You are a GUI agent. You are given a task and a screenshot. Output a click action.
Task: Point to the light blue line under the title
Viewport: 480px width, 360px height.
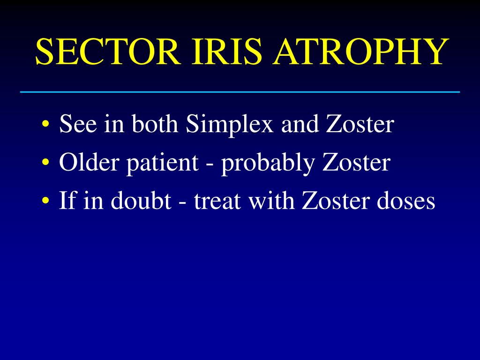tap(240, 92)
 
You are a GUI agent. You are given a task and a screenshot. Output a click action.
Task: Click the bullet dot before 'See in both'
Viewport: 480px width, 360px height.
tap(45, 126)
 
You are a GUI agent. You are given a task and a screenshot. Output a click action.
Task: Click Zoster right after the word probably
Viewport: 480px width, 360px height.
tap(356, 163)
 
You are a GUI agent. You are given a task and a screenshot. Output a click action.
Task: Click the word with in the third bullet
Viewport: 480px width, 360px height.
tap(271, 202)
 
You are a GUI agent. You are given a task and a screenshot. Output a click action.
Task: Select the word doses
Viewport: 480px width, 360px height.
tap(405, 202)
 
